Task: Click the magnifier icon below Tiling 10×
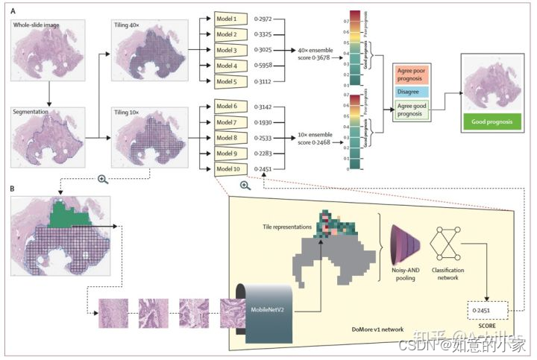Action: pyautogui.click(x=103, y=180)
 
